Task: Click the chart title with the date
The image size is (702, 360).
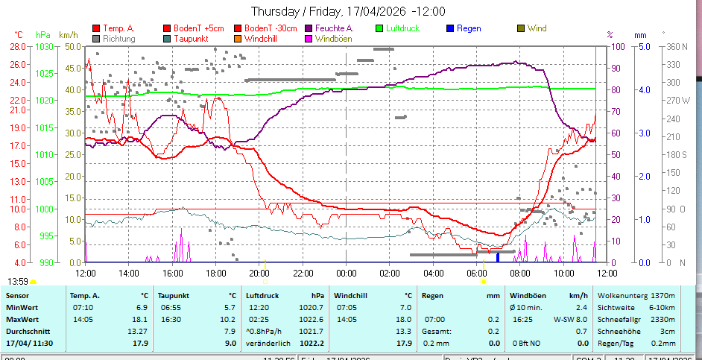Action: pos(348,11)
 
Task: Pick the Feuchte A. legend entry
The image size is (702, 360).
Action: pos(333,28)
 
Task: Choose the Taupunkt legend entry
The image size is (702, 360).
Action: pos(193,38)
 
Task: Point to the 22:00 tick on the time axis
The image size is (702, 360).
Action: pos(303,274)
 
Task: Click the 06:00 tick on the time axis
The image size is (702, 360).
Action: pos(476,274)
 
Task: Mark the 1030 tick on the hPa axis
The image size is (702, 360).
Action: pos(44,46)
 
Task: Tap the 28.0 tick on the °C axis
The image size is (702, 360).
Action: pos(18,46)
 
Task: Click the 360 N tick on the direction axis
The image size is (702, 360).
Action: pos(674,46)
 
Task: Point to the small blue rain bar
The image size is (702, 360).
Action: pos(498,257)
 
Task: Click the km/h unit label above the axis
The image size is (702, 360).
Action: pos(68,34)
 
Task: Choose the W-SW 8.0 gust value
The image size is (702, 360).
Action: pos(572,319)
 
